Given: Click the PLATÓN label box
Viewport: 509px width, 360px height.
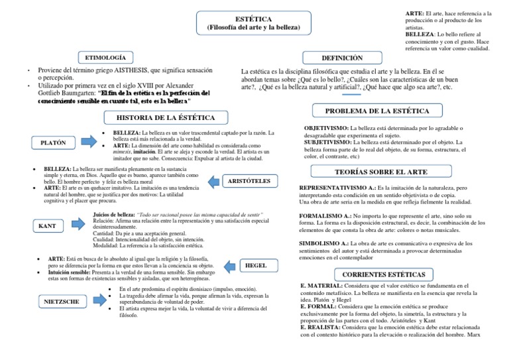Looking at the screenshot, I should coord(53,143).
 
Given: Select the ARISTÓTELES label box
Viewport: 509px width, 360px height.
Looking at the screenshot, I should coord(249,180).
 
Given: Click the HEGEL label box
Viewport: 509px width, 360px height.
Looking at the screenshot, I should coord(256,266).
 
